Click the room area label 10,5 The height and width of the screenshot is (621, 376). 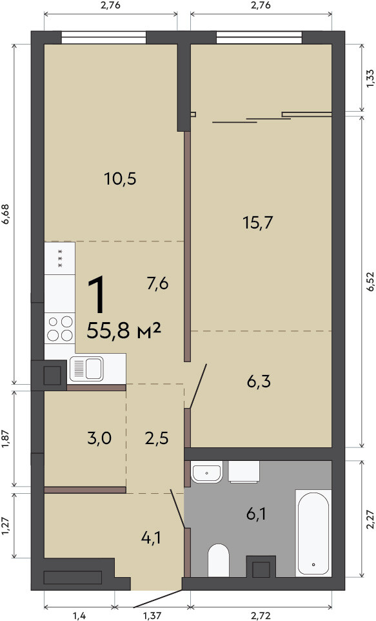point(121,179)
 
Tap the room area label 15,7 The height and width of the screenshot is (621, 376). point(258,223)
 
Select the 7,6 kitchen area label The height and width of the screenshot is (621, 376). point(158,283)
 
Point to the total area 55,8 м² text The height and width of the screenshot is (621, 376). point(123,331)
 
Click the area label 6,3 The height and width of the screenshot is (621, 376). point(259,382)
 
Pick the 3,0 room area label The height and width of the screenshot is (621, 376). point(99,438)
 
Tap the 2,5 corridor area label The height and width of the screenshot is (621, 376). point(157,438)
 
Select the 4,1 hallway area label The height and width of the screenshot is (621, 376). point(151,538)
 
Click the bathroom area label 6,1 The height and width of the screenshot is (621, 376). point(256,514)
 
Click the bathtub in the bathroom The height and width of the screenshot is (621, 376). point(313,533)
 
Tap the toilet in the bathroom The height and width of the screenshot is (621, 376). point(219,560)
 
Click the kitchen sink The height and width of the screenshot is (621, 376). point(86,369)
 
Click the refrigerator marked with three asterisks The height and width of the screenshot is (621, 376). point(60,258)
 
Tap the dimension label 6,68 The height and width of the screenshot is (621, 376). point(6,214)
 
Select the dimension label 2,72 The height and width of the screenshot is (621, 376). point(261,615)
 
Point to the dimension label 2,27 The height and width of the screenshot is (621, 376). point(370,519)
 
